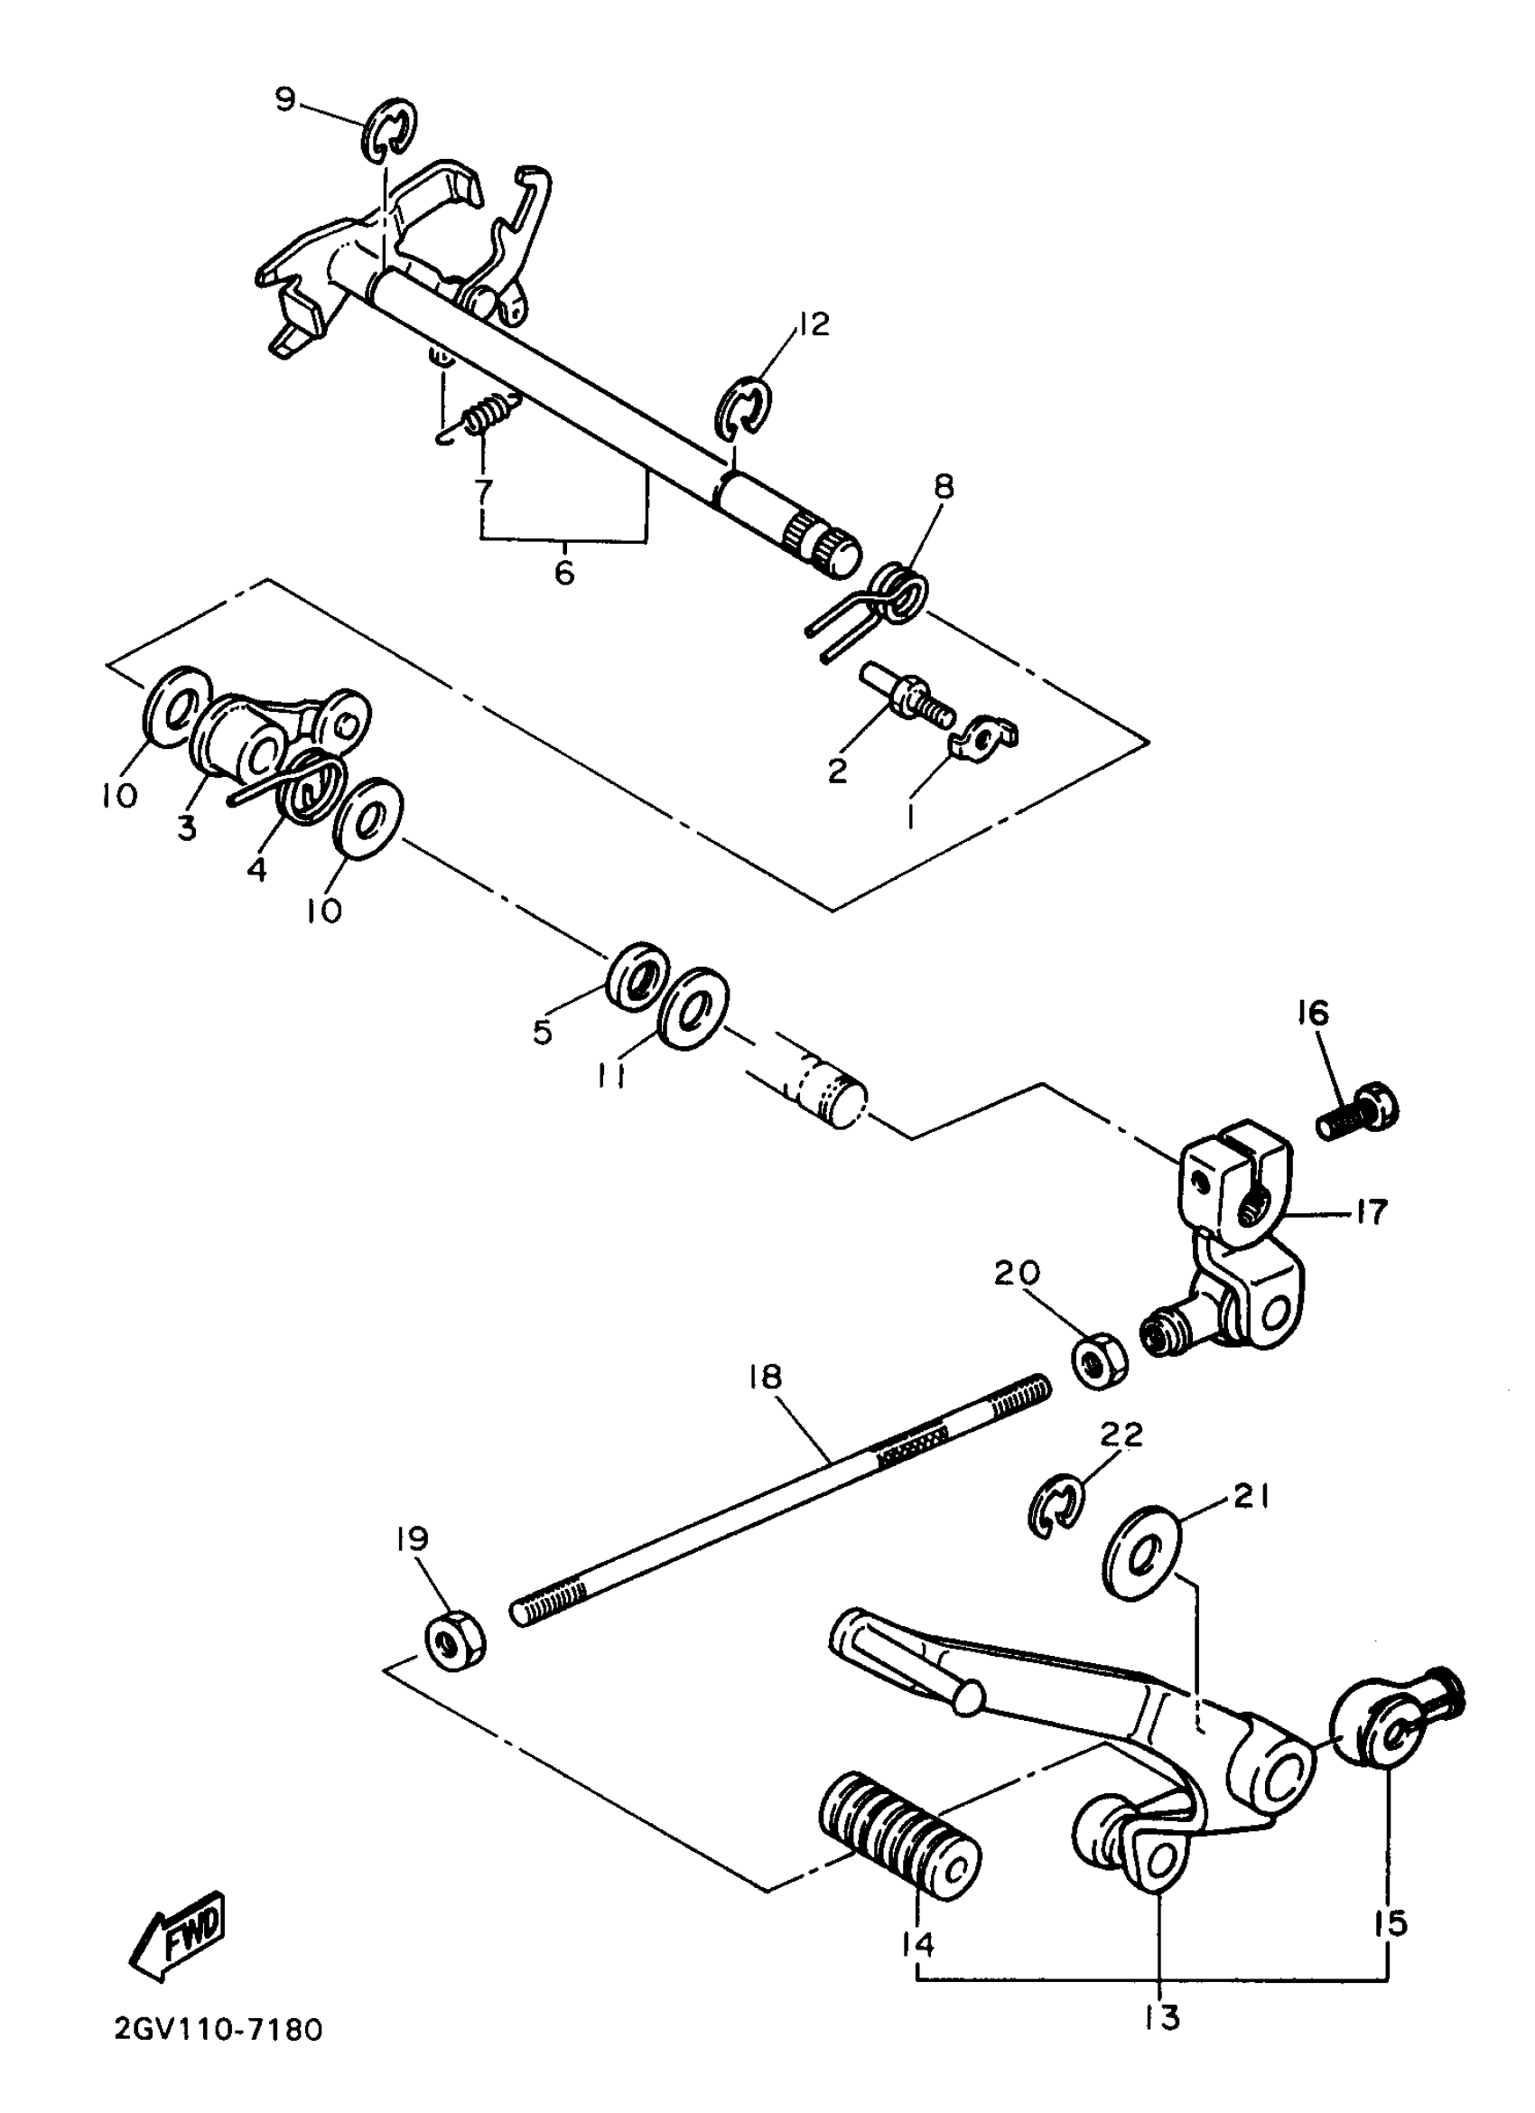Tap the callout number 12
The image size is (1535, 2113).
[813, 324]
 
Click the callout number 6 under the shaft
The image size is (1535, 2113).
[564, 572]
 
